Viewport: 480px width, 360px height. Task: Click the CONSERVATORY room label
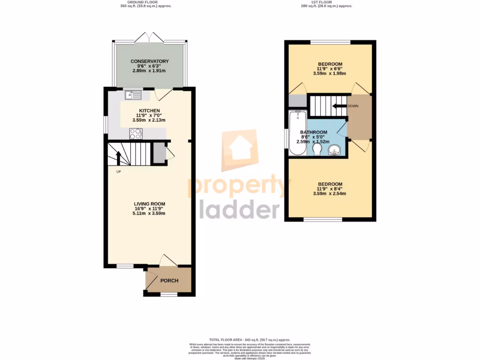pyautogui.click(x=150, y=61)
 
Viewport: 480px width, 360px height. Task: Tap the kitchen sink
pyautogui.click(x=133, y=96)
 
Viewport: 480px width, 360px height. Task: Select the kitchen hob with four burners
pyautogui.click(x=136, y=134)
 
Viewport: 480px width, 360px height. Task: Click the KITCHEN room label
pyautogui.click(x=149, y=111)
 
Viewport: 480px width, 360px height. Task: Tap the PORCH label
pyautogui.click(x=169, y=281)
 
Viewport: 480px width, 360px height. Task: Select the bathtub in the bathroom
pyautogui.click(x=297, y=133)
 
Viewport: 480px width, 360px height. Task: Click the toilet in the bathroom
pyautogui.click(x=316, y=149)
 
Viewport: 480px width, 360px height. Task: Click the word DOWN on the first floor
pyautogui.click(x=353, y=106)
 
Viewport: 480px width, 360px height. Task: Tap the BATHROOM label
pyautogui.click(x=314, y=132)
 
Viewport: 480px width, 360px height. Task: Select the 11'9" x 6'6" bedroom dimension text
pyautogui.click(x=330, y=68)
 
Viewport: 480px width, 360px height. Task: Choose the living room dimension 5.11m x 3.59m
pyautogui.click(x=149, y=213)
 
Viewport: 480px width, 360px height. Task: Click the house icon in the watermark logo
pyautogui.click(x=239, y=150)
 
